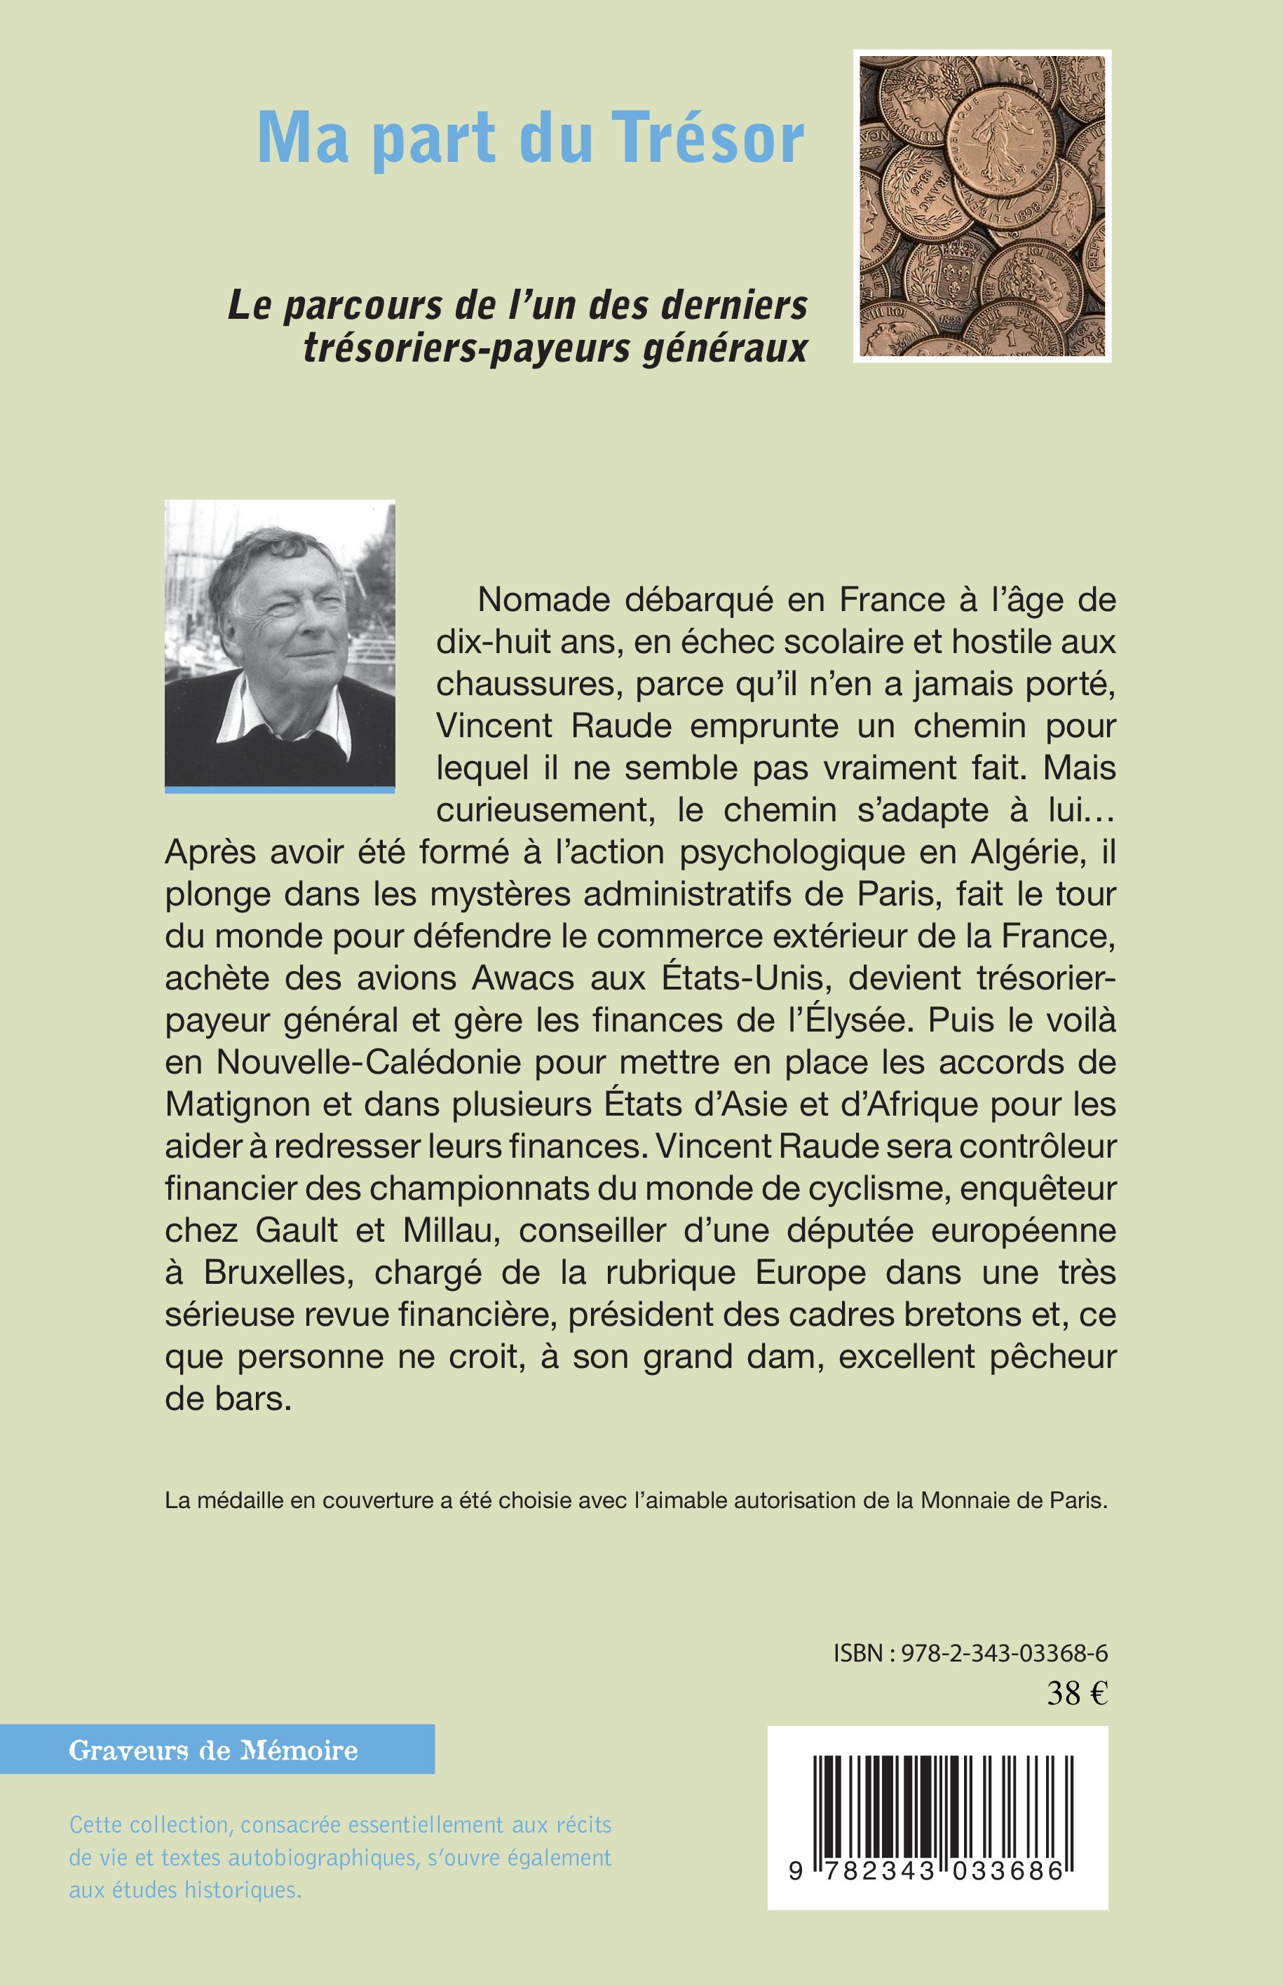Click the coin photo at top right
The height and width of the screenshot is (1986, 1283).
982,207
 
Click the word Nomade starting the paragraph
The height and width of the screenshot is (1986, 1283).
541,600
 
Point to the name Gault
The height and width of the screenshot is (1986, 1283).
297,1230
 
